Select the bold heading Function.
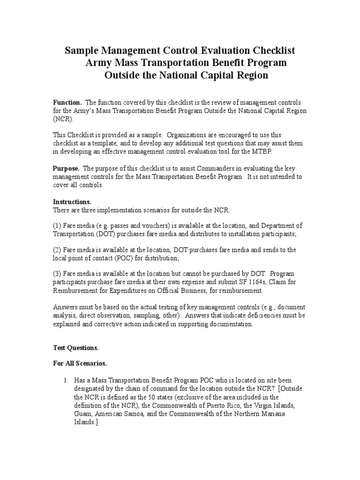[67, 103]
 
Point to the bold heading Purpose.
[66, 168]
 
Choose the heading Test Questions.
[75, 348]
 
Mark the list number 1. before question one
[67, 381]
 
